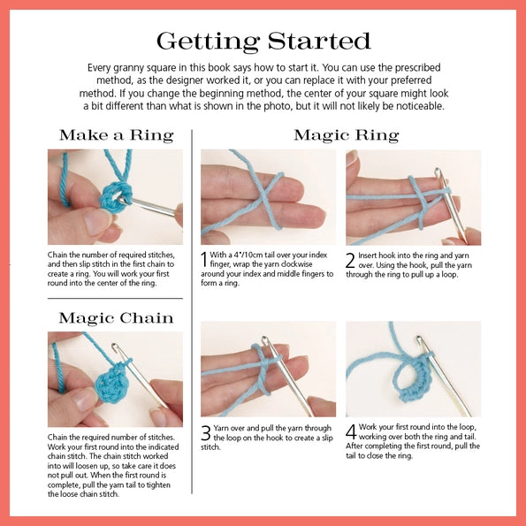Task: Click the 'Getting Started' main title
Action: pyautogui.click(x=263, y=42)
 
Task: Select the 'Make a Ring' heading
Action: pyautogui.click(x=117, y=135)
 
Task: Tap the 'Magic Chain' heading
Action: pyautogui.click(x=116, y=318)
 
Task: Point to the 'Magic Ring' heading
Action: pyautogui.click(x=347, y=135)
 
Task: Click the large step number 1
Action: pyautogui.click(x=204, y=260)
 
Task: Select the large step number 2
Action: pyautogui.click(x=350, y=261)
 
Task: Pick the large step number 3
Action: pyautogui.click(x=206, y=433)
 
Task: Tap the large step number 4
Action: pyautogui.click(x=351, y=432)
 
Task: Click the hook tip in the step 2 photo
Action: pyautogui.click(x=438, y=172)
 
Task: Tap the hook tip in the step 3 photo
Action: pyautogui.click(x=265, y=340)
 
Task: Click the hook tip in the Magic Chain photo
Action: pyautogui.click(x=115, y=347)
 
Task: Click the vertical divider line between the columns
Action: pyautogui.click(x=192, y=312)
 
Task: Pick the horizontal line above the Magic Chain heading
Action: pyautogui.click(x=115, y=298)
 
